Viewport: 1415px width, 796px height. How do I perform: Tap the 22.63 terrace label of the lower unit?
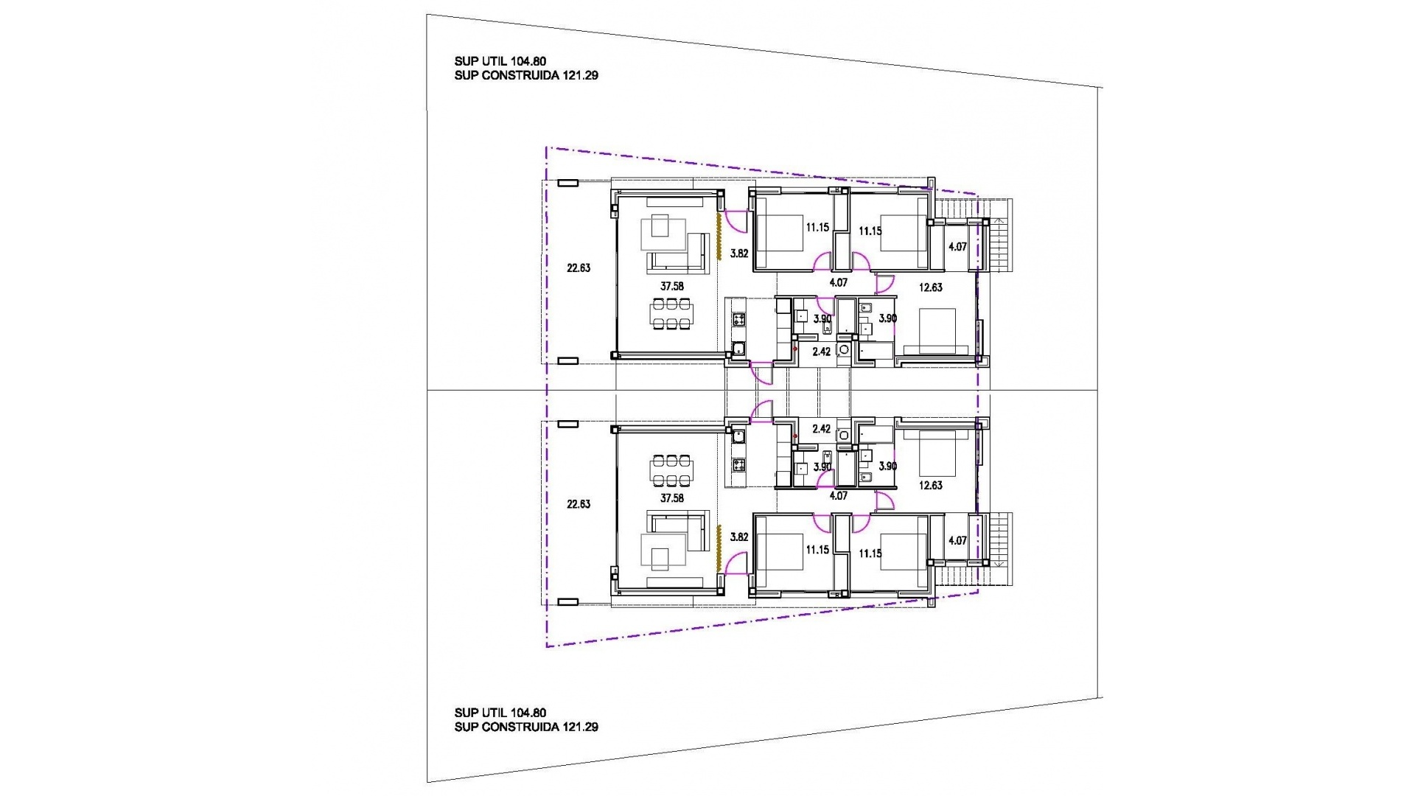tap(579, 504)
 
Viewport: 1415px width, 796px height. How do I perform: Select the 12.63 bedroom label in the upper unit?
tap(931, 287)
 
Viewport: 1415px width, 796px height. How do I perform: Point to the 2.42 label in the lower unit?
tap(821, 429)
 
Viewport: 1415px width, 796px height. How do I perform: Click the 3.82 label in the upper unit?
tap(738, 254)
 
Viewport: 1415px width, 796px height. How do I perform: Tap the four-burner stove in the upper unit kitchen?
tap(738, 319)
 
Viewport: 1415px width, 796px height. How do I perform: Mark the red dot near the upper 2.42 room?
tap(795, 349)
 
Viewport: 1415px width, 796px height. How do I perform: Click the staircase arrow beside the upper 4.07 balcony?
tap(1000, 220)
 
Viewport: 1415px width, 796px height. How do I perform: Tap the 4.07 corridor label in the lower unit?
tap(838, 496)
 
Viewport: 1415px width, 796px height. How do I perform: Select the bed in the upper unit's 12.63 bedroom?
tap(936, 331)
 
